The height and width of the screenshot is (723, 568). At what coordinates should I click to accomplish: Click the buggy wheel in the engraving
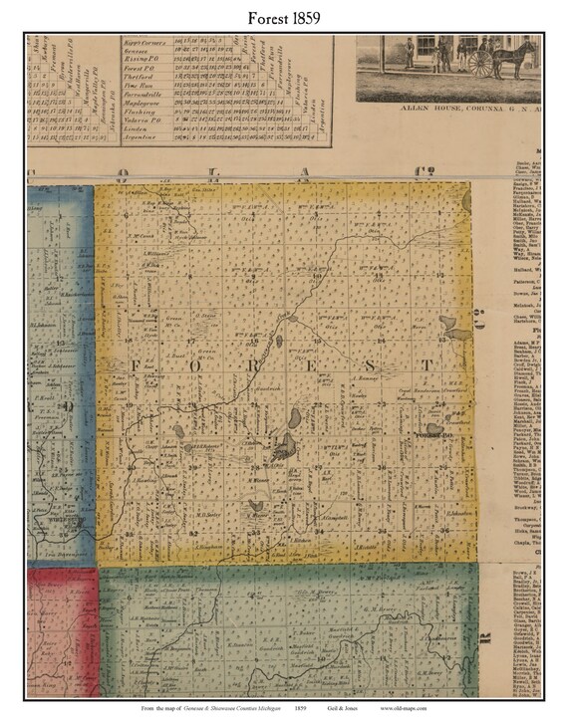[480, 65]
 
